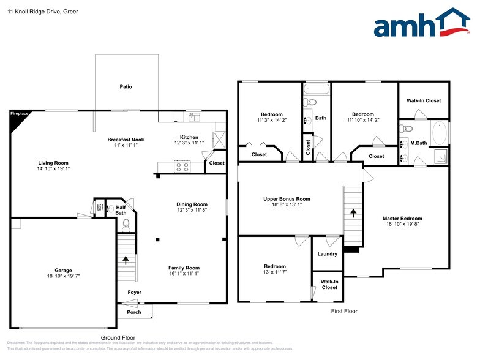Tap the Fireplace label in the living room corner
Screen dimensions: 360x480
(x=20, y=114)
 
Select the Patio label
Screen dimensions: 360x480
(x=126, y=87)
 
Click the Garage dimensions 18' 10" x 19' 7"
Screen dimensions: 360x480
(x=63, y=276)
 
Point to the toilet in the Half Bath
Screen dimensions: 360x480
(x=127, y=225)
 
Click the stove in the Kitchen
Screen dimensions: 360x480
(x=182, y=165)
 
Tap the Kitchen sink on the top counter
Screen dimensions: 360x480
(x=194, y=115)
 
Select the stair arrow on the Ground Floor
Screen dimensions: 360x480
(x=126, y=260)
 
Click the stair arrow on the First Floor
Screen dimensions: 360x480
(x=352, y=214)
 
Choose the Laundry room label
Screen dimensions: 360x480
(x=327, y=254)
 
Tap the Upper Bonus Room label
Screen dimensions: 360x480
(x=287, y=199)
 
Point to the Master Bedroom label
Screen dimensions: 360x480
(x=402, y=219)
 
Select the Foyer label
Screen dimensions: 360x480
(x=134, y=293)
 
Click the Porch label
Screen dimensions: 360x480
(x=133, y=312)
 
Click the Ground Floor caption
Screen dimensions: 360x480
(x=118, y=337)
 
